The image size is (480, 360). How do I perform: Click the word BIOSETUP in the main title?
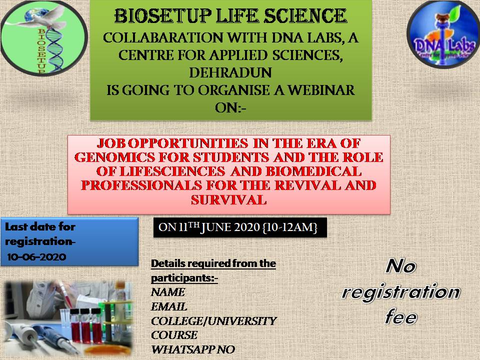[x=163, y=16]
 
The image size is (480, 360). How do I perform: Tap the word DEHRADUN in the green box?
[x=230, y=73]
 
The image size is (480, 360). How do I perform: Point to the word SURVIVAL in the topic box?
[x=228, y=200]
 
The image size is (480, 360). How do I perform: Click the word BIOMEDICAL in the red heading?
[x=313, y=171]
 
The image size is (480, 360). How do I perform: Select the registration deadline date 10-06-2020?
[x=36, y=256]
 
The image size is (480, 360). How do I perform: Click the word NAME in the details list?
[x=168, y=292]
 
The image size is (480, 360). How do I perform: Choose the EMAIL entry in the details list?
[x=169, y=306]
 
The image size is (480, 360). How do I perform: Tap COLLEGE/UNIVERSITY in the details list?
[x=213, y=321]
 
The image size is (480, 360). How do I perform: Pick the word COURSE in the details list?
[x=174, y=335]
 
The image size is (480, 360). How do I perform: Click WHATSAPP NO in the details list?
[x=193, y=349]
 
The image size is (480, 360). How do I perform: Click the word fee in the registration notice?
[x=401, y=317]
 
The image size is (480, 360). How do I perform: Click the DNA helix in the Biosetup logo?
[x=55, y=49]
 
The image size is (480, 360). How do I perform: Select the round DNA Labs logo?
[x=443, y=34]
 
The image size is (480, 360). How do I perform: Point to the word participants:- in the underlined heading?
[x=184, y=278]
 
